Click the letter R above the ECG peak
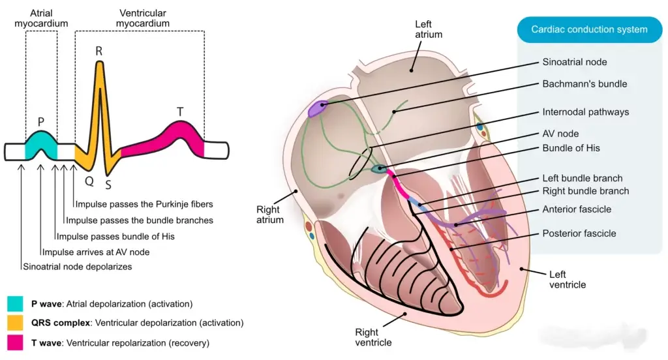tap(99, 51)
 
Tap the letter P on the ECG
tap(40, 121)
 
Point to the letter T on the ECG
tap(180, 112)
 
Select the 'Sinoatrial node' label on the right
tap(574, 62)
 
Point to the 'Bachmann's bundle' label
tap(584, 84)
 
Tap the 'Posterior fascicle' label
tap(579, 233)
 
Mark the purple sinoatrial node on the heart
tap(318, 108)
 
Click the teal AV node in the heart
tap(378, 170)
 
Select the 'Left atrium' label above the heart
tap(429, 29)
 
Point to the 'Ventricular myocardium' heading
tap(142, 18)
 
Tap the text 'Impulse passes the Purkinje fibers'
tap(144, 203)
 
